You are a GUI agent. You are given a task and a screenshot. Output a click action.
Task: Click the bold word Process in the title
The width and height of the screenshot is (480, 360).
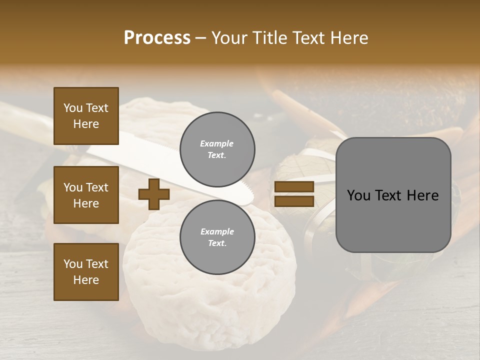tap(157, 38)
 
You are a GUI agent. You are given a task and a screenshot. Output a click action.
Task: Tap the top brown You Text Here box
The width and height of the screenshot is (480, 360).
tap(86, 116)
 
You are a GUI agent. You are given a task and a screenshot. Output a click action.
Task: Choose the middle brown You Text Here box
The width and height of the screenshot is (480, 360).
tap(86, 195)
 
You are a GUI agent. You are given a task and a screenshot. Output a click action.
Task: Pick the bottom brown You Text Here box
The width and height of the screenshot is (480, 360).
tap(86, 271)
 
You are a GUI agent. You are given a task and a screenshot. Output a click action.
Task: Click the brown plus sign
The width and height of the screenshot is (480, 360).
tap(154, 194)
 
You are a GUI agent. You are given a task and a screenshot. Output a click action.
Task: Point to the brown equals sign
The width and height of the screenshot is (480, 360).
tap(294, 194)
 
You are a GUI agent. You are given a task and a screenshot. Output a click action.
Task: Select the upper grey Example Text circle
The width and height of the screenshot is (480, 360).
tap(217, 149)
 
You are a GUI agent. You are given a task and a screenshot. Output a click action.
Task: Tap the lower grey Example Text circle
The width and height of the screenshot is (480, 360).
tap(217, 237)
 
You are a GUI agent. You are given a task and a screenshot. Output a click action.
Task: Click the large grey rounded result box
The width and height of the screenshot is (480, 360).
tap(393, 195)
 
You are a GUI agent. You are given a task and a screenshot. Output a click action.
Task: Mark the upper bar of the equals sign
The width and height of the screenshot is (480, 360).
tap(294, 187)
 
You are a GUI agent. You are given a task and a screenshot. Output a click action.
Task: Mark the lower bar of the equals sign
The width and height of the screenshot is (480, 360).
tap(294, 201)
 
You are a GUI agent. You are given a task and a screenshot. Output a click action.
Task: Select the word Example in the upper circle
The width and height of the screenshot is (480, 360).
tap(217, 143)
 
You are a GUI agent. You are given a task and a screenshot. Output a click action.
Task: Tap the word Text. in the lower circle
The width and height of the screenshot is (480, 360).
tap(217, 243)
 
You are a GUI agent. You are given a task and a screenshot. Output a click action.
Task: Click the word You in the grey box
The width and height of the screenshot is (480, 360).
tap(358, 195)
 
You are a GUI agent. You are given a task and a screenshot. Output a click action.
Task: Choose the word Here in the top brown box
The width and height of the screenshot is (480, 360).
tap(86, 124)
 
